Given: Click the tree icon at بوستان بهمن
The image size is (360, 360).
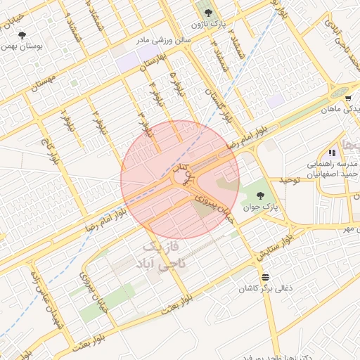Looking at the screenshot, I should click(22, 34).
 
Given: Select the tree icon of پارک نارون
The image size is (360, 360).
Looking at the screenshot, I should click(207, 12).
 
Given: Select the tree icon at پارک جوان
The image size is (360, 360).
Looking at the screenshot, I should click(260, 195).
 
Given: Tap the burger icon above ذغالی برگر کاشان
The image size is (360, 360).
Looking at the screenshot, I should click(265, 278).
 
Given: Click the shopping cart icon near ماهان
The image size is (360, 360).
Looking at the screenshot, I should click(348, 98).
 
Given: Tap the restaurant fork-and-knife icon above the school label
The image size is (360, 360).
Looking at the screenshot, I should click(332, 153).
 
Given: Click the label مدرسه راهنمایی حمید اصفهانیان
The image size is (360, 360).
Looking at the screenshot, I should click(332, 168).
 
